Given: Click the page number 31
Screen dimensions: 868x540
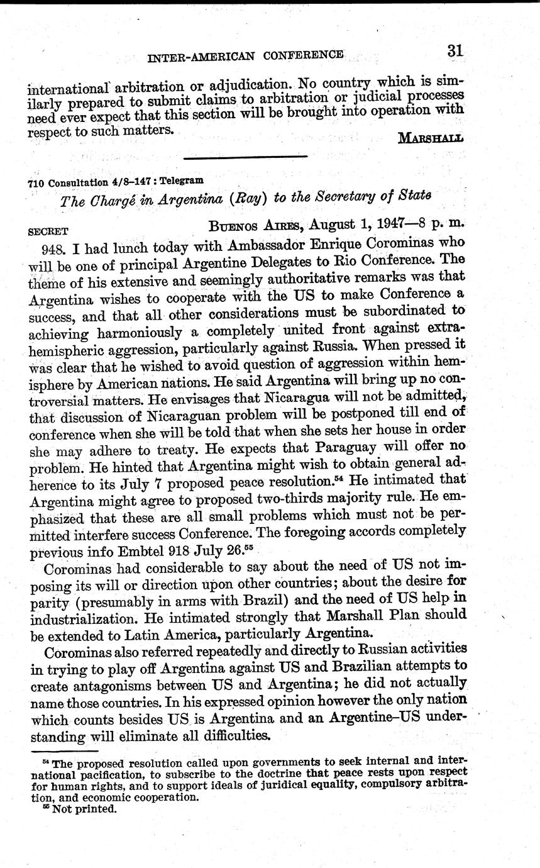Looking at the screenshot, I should (456, 51).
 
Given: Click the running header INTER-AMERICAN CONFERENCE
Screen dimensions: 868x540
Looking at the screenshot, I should (245, 57).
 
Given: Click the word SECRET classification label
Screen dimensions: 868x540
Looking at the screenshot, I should (48, 231).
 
